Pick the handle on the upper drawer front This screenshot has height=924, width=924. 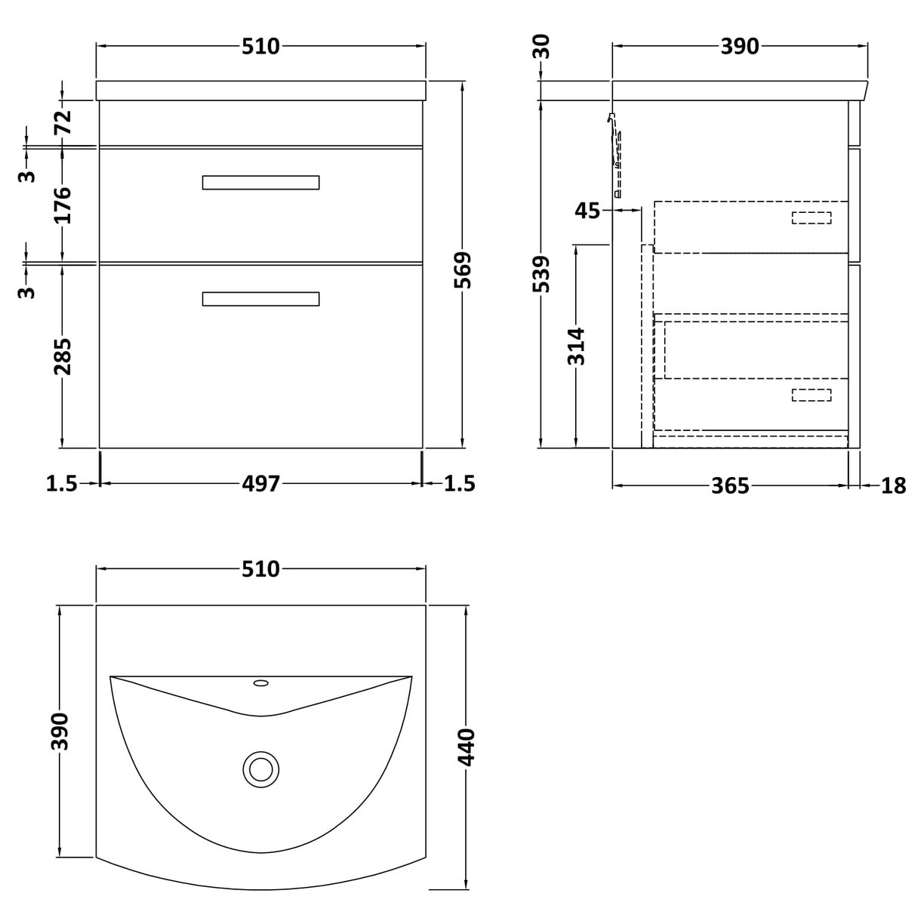tap(260, 183)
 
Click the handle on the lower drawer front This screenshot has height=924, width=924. tap(260, 299)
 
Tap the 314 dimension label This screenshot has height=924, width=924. tap(577, 345)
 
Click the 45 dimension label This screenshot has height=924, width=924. tap(587, 211)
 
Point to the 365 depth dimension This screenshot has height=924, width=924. tap(731, 485)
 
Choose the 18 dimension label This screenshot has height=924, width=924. tap(893, 485)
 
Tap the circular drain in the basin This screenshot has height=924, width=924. tap(261, 768)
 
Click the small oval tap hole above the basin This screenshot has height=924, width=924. tap(261, 683)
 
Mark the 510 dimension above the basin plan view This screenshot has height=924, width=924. tap(260, 568)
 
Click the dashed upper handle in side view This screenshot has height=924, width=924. tap(811, 218)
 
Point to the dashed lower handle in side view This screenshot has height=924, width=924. tap(811, 395)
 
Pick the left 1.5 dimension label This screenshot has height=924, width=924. tap(61, 483)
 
